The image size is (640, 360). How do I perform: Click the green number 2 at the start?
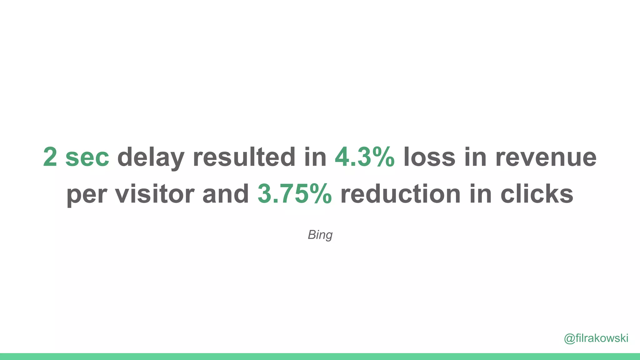pyautogui.click(x=50, y=157)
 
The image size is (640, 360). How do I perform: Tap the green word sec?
pyautogui.click(x=87, y=157)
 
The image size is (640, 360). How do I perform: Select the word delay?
pyautogui.click(x=151, y=157)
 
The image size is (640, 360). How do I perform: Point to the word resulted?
pyautogui.click(x=244, y=157)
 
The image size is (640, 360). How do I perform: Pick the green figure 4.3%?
pyautogui.click(x=365, y=157)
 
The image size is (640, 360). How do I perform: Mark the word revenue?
pyautogui.click(x=546, y=157)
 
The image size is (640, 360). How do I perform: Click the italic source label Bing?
pyautogui.click(x=320, y=235)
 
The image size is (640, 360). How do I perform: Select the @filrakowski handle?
pyautogui.click(x=596, y=338)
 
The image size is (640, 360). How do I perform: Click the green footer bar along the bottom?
pyautogui.click(x=320, y=357)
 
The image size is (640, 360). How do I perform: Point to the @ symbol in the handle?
pyautogui.click(x=569, y=338)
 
